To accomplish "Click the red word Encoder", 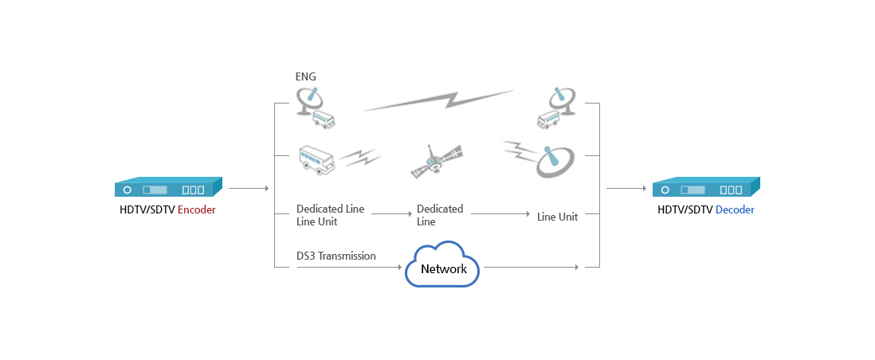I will [x=196, y=210].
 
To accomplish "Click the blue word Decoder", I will [x=735, y=210].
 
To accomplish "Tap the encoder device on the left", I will [x=167, y=188].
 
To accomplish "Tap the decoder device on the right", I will [x=706, y=188].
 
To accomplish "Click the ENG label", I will [x=305, y=77].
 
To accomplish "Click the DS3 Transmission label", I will [x=335, y=256].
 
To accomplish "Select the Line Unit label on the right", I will [x=557, y=216].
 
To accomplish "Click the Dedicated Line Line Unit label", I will [x=330, y=215].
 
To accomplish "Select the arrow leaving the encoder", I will [x=249, y=189].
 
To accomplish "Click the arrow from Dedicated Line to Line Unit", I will [x=500, y=214].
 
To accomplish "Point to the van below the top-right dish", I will [x=549, y=120].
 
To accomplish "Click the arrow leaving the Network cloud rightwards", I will [x=531, y=268].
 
